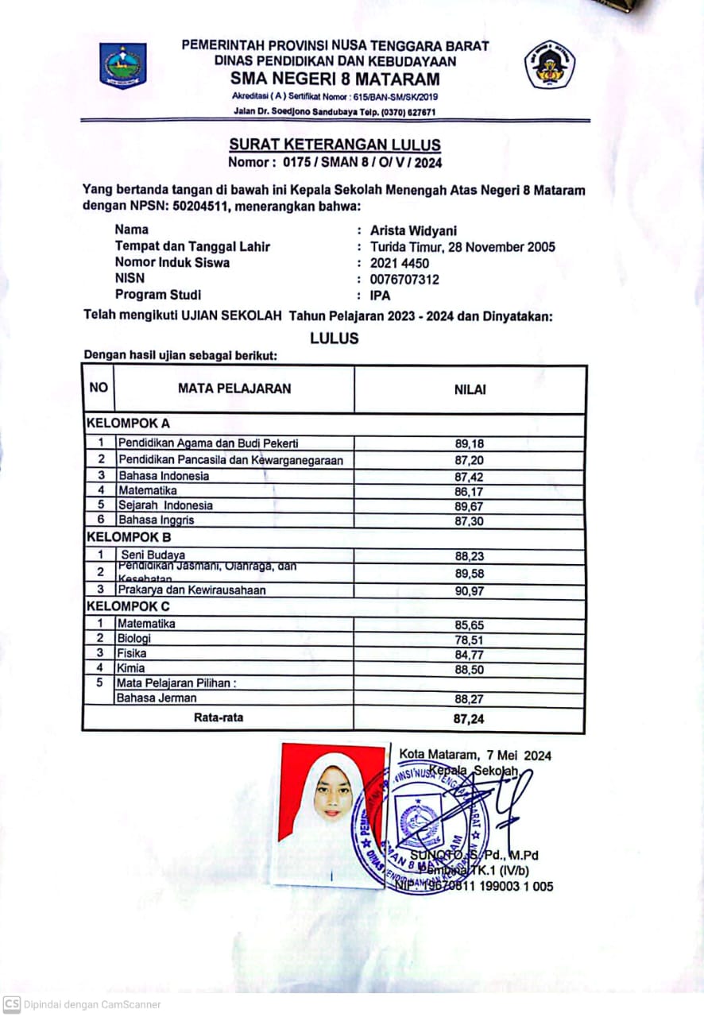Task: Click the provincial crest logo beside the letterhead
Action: (122, 65)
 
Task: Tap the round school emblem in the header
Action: (550, 64)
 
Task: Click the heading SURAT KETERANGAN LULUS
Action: (335, 145)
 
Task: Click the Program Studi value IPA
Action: (381, 296)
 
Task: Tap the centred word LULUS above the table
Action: (335, 338)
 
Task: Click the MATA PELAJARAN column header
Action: (234, 389)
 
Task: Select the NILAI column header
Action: (470, 389)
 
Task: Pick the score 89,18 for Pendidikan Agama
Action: (469, 444)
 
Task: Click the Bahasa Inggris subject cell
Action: (157, 520)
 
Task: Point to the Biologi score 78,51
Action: (469, 640)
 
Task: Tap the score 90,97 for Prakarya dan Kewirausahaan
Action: (469, 591)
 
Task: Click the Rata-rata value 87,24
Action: (469, 719)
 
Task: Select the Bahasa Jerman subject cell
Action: (157, 698)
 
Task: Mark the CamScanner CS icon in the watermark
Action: (12, 1004)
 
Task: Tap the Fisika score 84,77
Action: (469, 655)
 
